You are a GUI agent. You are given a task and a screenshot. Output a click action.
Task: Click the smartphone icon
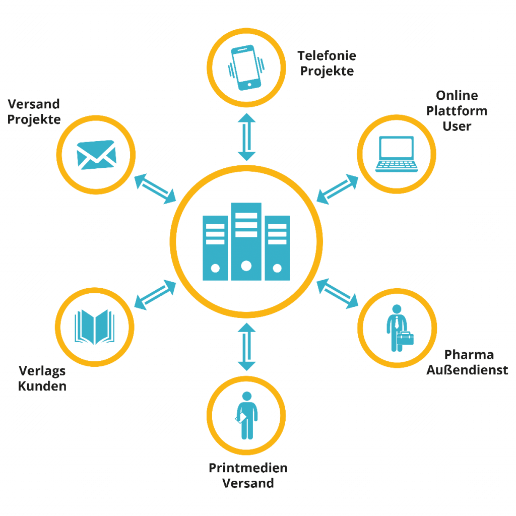[246, 68]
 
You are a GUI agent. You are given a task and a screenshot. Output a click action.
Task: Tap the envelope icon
[96, 155]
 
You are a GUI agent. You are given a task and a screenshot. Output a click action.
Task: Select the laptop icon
[397, 154]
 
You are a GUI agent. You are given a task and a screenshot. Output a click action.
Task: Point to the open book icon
[95, 327]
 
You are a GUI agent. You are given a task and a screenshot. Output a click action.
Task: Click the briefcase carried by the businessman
[405, 338]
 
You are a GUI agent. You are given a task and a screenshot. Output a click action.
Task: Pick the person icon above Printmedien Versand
[246, 415]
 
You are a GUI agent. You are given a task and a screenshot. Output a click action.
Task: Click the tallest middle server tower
[246, 241]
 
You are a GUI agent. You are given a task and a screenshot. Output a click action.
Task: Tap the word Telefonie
[327, 55]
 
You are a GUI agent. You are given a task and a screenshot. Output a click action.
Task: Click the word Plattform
[457, 111]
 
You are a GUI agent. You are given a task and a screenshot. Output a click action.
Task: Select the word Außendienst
[467, 370]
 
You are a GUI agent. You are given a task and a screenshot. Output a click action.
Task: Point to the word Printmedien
[248, 468]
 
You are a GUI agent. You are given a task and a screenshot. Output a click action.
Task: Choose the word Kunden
[42, 386]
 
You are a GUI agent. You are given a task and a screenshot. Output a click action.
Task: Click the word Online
[457, 95]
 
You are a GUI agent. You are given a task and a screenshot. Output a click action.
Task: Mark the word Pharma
[469, 355]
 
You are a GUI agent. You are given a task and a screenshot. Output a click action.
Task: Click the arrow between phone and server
[246, 137]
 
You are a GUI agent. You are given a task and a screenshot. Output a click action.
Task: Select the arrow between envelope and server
[155, 189]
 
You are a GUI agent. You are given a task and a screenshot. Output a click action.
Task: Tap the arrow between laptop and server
[337, 189]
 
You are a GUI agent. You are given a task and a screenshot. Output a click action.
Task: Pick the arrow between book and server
[155, 295]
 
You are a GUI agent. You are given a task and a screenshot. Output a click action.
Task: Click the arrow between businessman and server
[337, 294]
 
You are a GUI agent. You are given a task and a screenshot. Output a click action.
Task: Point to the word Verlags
[42, 371]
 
